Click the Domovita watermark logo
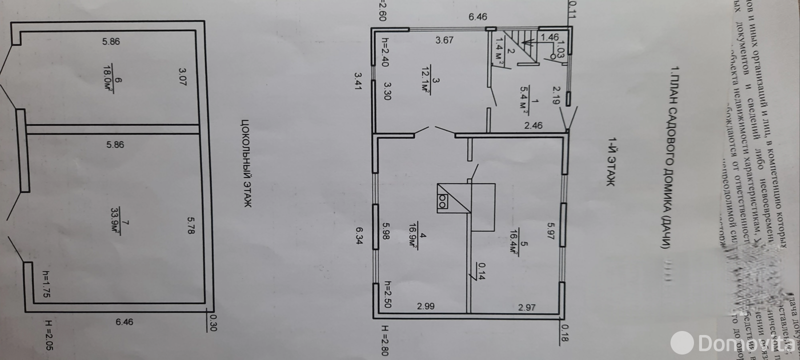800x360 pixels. click(x=730, y=343)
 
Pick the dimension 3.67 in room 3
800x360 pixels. click(x=444, y=40)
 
